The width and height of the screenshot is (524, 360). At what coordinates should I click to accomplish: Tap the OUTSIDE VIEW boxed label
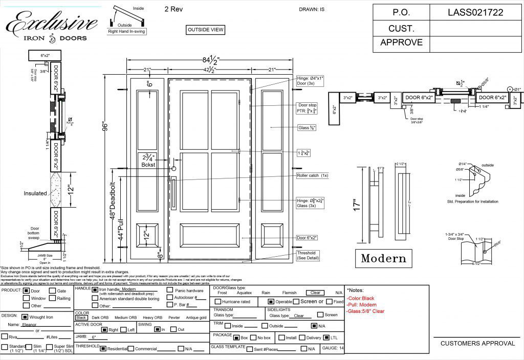(x=206, y=30)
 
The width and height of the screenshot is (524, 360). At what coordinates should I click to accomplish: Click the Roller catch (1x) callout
(x=312, y=175)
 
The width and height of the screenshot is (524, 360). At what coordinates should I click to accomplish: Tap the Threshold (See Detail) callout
(x=307, y=256)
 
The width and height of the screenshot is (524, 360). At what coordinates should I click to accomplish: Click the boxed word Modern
(x=384, y=258)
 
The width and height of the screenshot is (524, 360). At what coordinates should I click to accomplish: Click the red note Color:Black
(x=361, y=298)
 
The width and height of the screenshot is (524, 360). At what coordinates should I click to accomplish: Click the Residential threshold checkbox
(x=103, y=349)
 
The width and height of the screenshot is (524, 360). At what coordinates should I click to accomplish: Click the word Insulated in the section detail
(x=35, y=193)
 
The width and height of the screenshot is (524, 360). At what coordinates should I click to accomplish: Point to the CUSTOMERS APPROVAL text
(x=477, y=344)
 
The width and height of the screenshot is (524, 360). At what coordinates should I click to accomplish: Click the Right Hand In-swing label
(x=127, y=31)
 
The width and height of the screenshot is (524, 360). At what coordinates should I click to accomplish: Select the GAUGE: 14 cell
(x=333, y=348)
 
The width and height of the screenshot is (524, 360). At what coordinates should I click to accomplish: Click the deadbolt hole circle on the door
(x=174, y=168)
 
